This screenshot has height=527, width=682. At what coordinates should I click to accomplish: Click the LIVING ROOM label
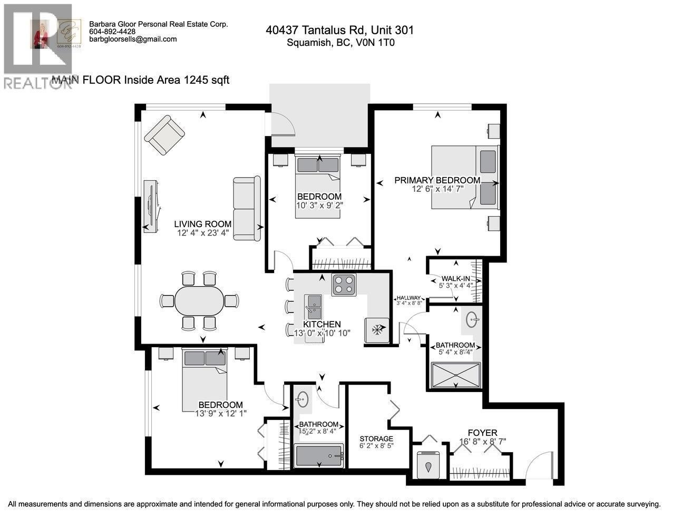(x=203, y=224)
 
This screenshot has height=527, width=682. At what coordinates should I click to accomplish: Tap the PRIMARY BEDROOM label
(x=437, y=180)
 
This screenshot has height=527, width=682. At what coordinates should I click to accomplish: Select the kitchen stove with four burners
(x=344, y=285)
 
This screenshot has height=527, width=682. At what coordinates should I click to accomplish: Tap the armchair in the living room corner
(x=164, y=135)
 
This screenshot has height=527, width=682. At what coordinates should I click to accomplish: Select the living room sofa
(x=247, y=209)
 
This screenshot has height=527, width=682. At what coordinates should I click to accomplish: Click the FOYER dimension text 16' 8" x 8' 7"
(x=482, y=442)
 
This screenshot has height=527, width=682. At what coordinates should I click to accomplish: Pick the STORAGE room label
(x=376, y=438)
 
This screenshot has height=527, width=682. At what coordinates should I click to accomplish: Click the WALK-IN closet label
(x=455, y=279)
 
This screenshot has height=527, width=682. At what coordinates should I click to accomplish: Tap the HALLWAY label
(x=408, y=298)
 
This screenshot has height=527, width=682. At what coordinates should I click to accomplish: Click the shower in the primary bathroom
(x=456, y=375)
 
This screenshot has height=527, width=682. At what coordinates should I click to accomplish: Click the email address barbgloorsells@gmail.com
(x=133, y=40)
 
